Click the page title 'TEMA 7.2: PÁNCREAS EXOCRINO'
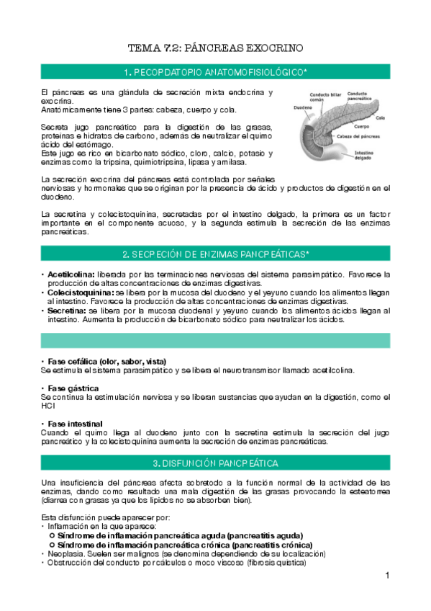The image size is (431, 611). tap(215, 48)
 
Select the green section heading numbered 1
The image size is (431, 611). tap(215, 71)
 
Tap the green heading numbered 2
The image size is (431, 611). tap(215, 254)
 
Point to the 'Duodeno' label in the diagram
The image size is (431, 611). tap(302, 108)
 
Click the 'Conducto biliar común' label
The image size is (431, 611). tap(323, 97)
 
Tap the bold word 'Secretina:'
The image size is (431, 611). tap(66, 311)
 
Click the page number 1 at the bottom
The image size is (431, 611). tap(386, 575)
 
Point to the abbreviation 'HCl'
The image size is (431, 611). tap(47, 406)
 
